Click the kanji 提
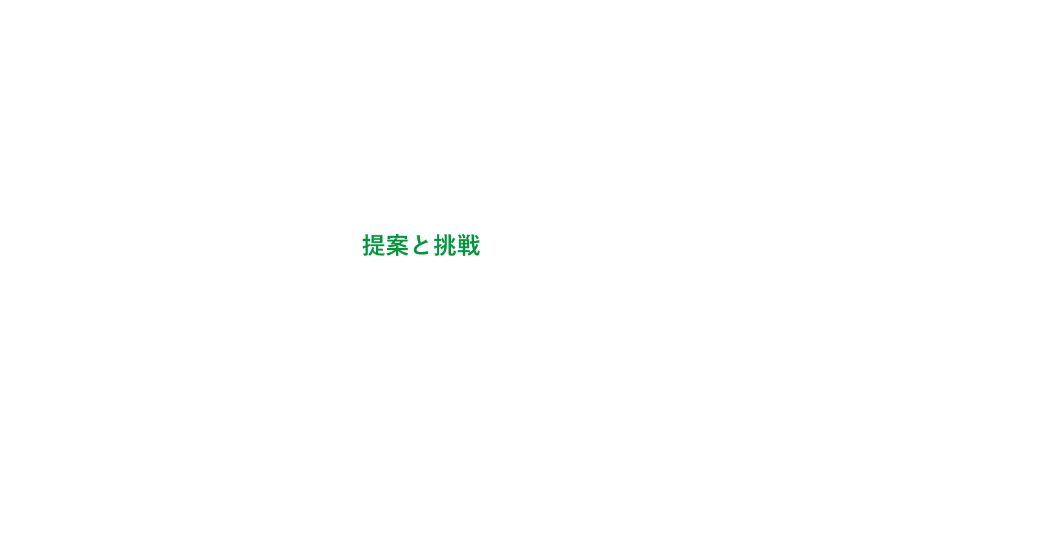374,245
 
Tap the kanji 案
397,245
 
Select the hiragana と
421,246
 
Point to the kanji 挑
445,245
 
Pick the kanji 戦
468,245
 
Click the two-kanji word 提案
386,245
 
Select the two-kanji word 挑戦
457,245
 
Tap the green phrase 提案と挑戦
422,245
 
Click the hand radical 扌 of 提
367,245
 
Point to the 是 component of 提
378,245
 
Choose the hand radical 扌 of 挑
438,245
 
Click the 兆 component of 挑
450,245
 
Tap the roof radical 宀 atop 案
397,237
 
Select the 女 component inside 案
397,243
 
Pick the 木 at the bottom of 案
397,252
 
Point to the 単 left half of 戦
463,246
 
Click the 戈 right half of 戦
474,245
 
